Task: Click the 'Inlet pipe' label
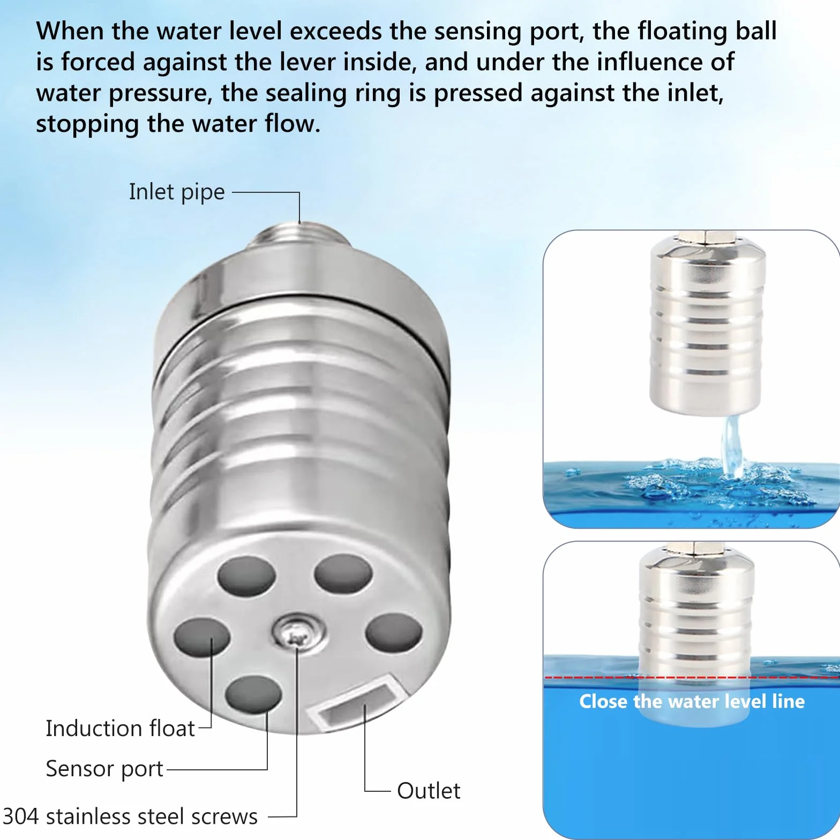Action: pyautogui.click(x=177, y=192)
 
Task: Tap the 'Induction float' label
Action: pyautogui.click(x=120, y=729)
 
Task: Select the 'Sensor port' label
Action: pyautogui.click(x=104, y=769)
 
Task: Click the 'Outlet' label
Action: pyautogui.click(x=429, y=791)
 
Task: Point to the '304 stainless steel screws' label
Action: pyautogui.click(x=130, y=816)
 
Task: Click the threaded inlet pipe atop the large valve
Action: pyautogui.click(x=299, y=237)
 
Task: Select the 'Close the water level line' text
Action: pyautogui.click(x=692, y=701)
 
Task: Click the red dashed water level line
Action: pyautogui.click(x=692, y=678)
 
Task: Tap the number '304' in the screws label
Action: pyautogui.click(x=21, y=816)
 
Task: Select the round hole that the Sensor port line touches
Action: pyautogui.click(x=253, y=695)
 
